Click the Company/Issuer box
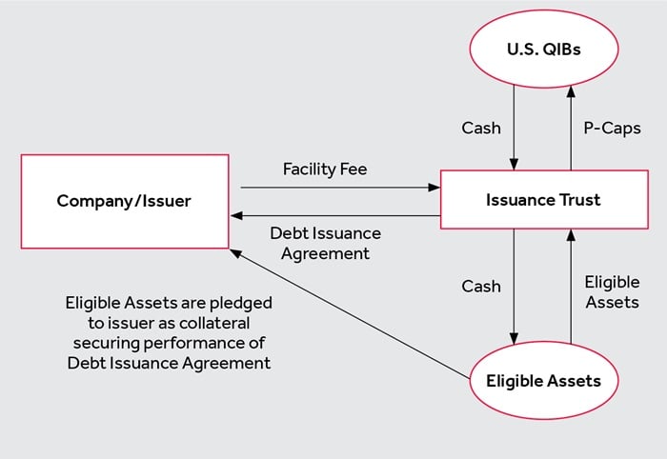(124, 201)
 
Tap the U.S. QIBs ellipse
(543, 50)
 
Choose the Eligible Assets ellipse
(543, 381)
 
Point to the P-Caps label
(611, 128)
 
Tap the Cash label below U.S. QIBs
(482, 128)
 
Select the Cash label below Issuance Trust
(482, 285)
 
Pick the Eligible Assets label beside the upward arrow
(612, 292)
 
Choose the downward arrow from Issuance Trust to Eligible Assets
(515, 286)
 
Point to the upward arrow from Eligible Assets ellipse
(572, 286)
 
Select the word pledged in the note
(243, 303)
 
